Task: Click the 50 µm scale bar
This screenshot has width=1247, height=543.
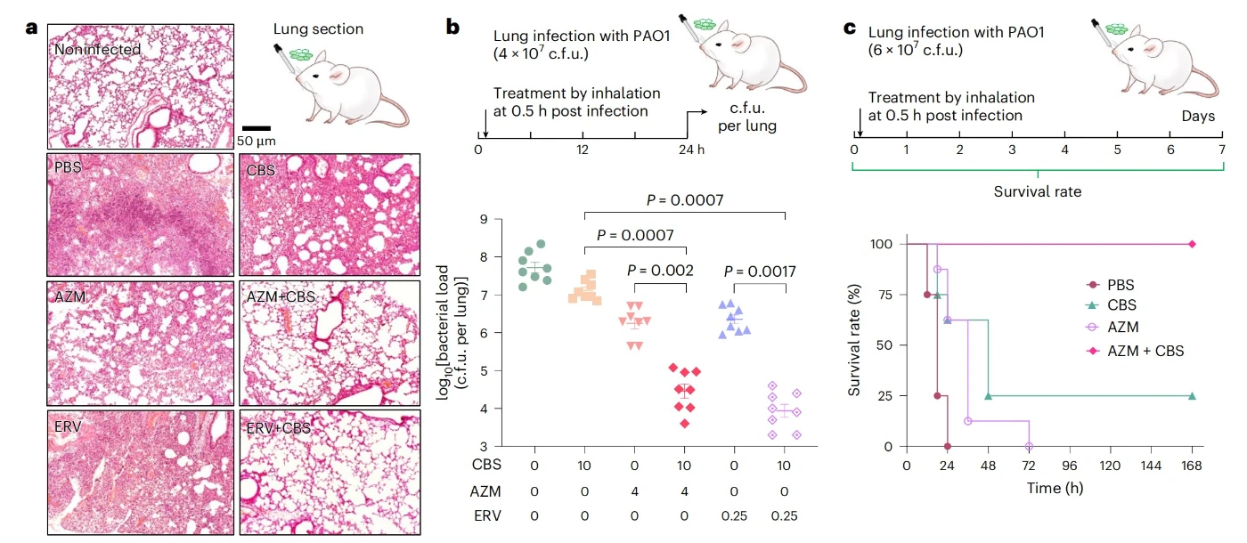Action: [x=257, y=128]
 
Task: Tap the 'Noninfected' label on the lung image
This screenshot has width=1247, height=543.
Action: [x=97, y=50]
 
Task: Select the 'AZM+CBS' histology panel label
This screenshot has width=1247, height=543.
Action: [x=281, y=297]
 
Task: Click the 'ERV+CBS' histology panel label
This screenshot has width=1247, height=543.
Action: [x=278, y=428]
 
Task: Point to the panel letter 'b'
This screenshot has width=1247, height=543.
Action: [x=452, y=27]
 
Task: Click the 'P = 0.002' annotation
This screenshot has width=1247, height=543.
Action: [x=660, y=271]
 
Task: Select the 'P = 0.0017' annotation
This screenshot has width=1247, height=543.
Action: [x=760, y=271]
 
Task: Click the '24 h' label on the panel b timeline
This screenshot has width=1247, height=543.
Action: [x=691, y=150]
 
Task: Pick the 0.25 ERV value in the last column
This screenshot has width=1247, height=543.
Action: [x=785, y=516]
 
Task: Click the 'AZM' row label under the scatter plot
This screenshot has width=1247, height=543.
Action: [x=485, y=491]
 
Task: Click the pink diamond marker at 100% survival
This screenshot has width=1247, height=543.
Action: [x=1192, y=244]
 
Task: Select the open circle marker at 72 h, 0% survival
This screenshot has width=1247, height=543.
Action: [x=1029, y=446]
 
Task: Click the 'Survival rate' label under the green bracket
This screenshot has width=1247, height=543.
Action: [x=1038, y=192]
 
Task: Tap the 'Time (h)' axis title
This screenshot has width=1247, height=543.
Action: [x=1055, y=489]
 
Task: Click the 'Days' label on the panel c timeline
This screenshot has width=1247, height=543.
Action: [x=1198, y=117]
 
